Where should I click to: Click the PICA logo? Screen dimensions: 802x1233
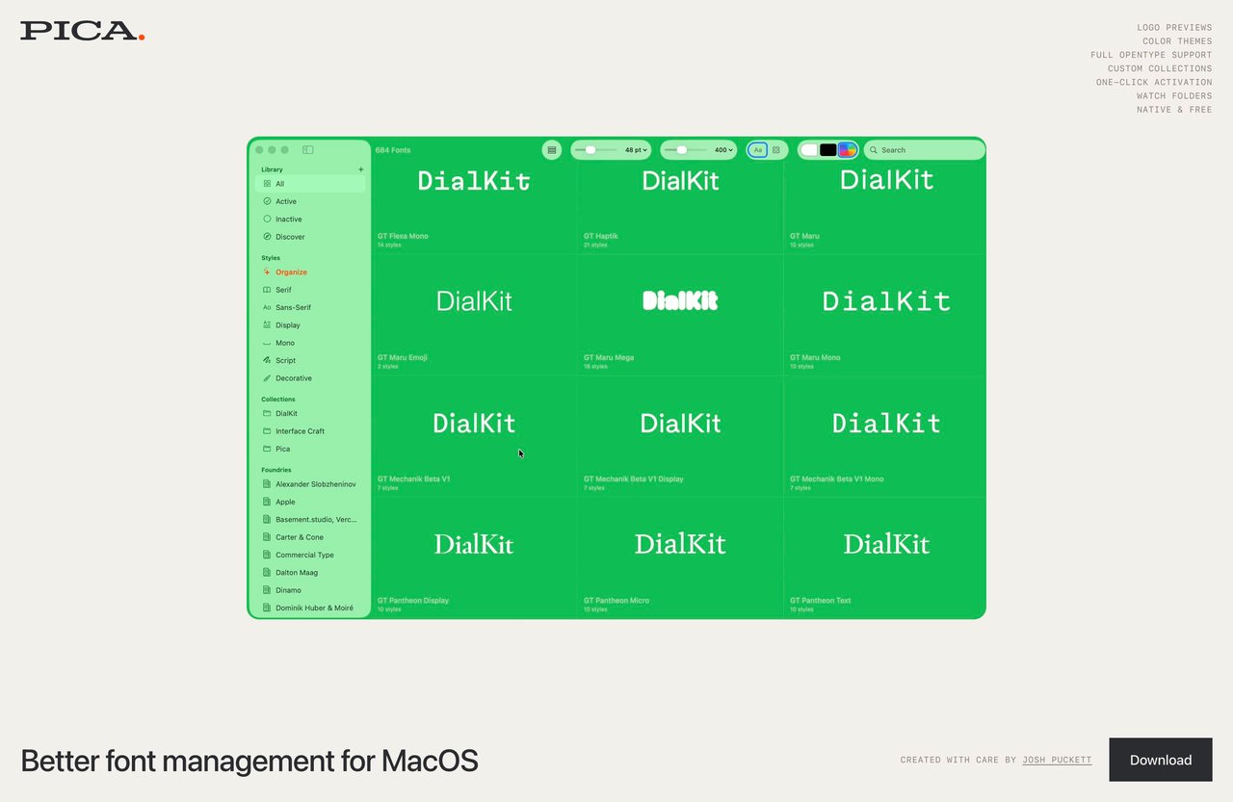(82, 31)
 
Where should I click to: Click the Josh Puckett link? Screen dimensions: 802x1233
(1057, 760)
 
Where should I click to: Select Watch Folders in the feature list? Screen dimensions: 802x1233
(1173, 96)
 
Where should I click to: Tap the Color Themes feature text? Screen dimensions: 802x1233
(1177, 41)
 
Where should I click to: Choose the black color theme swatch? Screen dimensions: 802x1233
(827, 150)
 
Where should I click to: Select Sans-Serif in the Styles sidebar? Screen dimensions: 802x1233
(293, 307)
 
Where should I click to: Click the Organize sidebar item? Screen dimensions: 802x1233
(291, 272)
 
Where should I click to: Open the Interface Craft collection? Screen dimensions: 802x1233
(300, 431)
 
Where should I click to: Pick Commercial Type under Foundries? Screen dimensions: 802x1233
(304, 555)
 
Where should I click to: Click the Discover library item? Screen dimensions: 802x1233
(290, 237)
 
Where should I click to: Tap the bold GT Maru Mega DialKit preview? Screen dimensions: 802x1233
(680, 301)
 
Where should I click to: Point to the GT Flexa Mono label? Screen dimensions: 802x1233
(403, 236)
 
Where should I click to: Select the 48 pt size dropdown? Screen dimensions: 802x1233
(637, 150)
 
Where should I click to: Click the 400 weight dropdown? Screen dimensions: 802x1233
(724, 150)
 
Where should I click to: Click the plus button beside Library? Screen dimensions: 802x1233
(361, 169)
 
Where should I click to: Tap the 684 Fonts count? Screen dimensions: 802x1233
(393, 150)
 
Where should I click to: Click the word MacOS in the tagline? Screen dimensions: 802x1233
(430, 761)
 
